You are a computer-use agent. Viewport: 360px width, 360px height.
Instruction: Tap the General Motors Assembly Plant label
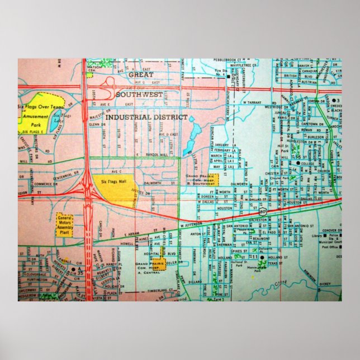[65, 225]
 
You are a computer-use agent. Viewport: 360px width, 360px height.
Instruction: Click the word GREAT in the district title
[140, 74]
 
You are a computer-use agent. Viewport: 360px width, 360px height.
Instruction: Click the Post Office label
[330, 246]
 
